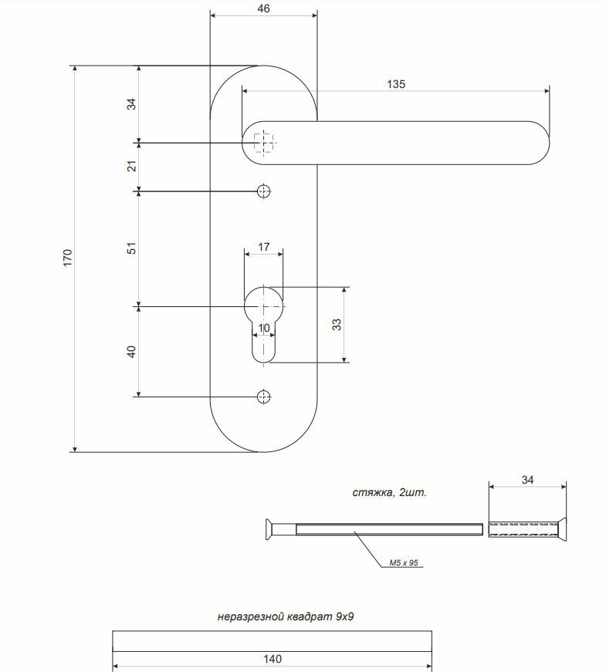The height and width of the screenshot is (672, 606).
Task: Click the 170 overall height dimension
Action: pos(67,258)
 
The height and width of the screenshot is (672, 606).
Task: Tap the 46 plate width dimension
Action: pos(264,8)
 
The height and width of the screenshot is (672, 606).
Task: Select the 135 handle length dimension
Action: pos(396,84)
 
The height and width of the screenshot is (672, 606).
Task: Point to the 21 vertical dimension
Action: pos(131,167)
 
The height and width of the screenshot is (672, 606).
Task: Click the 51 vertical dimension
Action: pos(131,248)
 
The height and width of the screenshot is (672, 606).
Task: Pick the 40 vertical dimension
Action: pos(131,352)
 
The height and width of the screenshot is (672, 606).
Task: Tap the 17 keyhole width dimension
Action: pos(264,247)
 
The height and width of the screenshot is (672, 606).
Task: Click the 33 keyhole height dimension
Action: pos(337,325)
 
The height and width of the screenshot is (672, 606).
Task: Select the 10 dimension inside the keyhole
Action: pos(264,328)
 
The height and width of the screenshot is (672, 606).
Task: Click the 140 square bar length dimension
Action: pos(273,659)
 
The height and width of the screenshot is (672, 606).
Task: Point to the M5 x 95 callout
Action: pos(404,562)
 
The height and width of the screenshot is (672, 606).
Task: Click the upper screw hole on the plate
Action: pos(264,191)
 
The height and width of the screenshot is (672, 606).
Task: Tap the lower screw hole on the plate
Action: pos(264,397)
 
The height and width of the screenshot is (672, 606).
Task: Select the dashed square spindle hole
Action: pos(264,143)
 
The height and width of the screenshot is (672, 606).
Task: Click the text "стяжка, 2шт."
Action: pos(389,492)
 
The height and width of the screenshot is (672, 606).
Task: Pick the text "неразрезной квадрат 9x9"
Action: pos(286,616)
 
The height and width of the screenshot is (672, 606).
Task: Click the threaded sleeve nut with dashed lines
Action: pos(527,528)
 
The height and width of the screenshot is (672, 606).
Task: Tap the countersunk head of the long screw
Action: pos(269,528)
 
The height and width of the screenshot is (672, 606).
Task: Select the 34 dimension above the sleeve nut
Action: pos(527,480)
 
